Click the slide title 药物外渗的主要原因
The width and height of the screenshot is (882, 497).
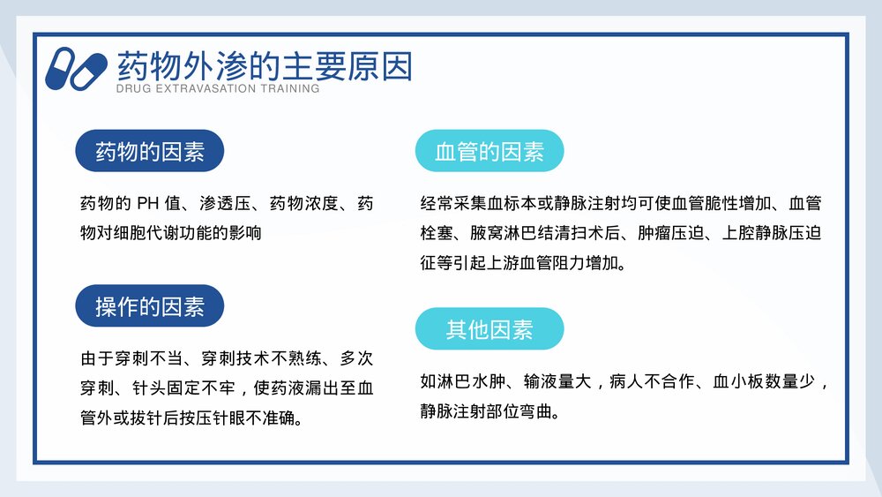click(265, 67)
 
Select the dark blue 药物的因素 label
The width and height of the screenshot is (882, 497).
click(150, 152)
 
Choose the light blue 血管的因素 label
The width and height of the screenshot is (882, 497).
click(490, 152)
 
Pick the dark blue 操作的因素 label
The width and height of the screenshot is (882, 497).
click(150, 306)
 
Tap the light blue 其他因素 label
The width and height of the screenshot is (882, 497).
click(490, 329)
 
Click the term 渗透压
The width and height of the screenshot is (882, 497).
click(221, 205)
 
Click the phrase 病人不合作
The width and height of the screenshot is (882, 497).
click(652, 382)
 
